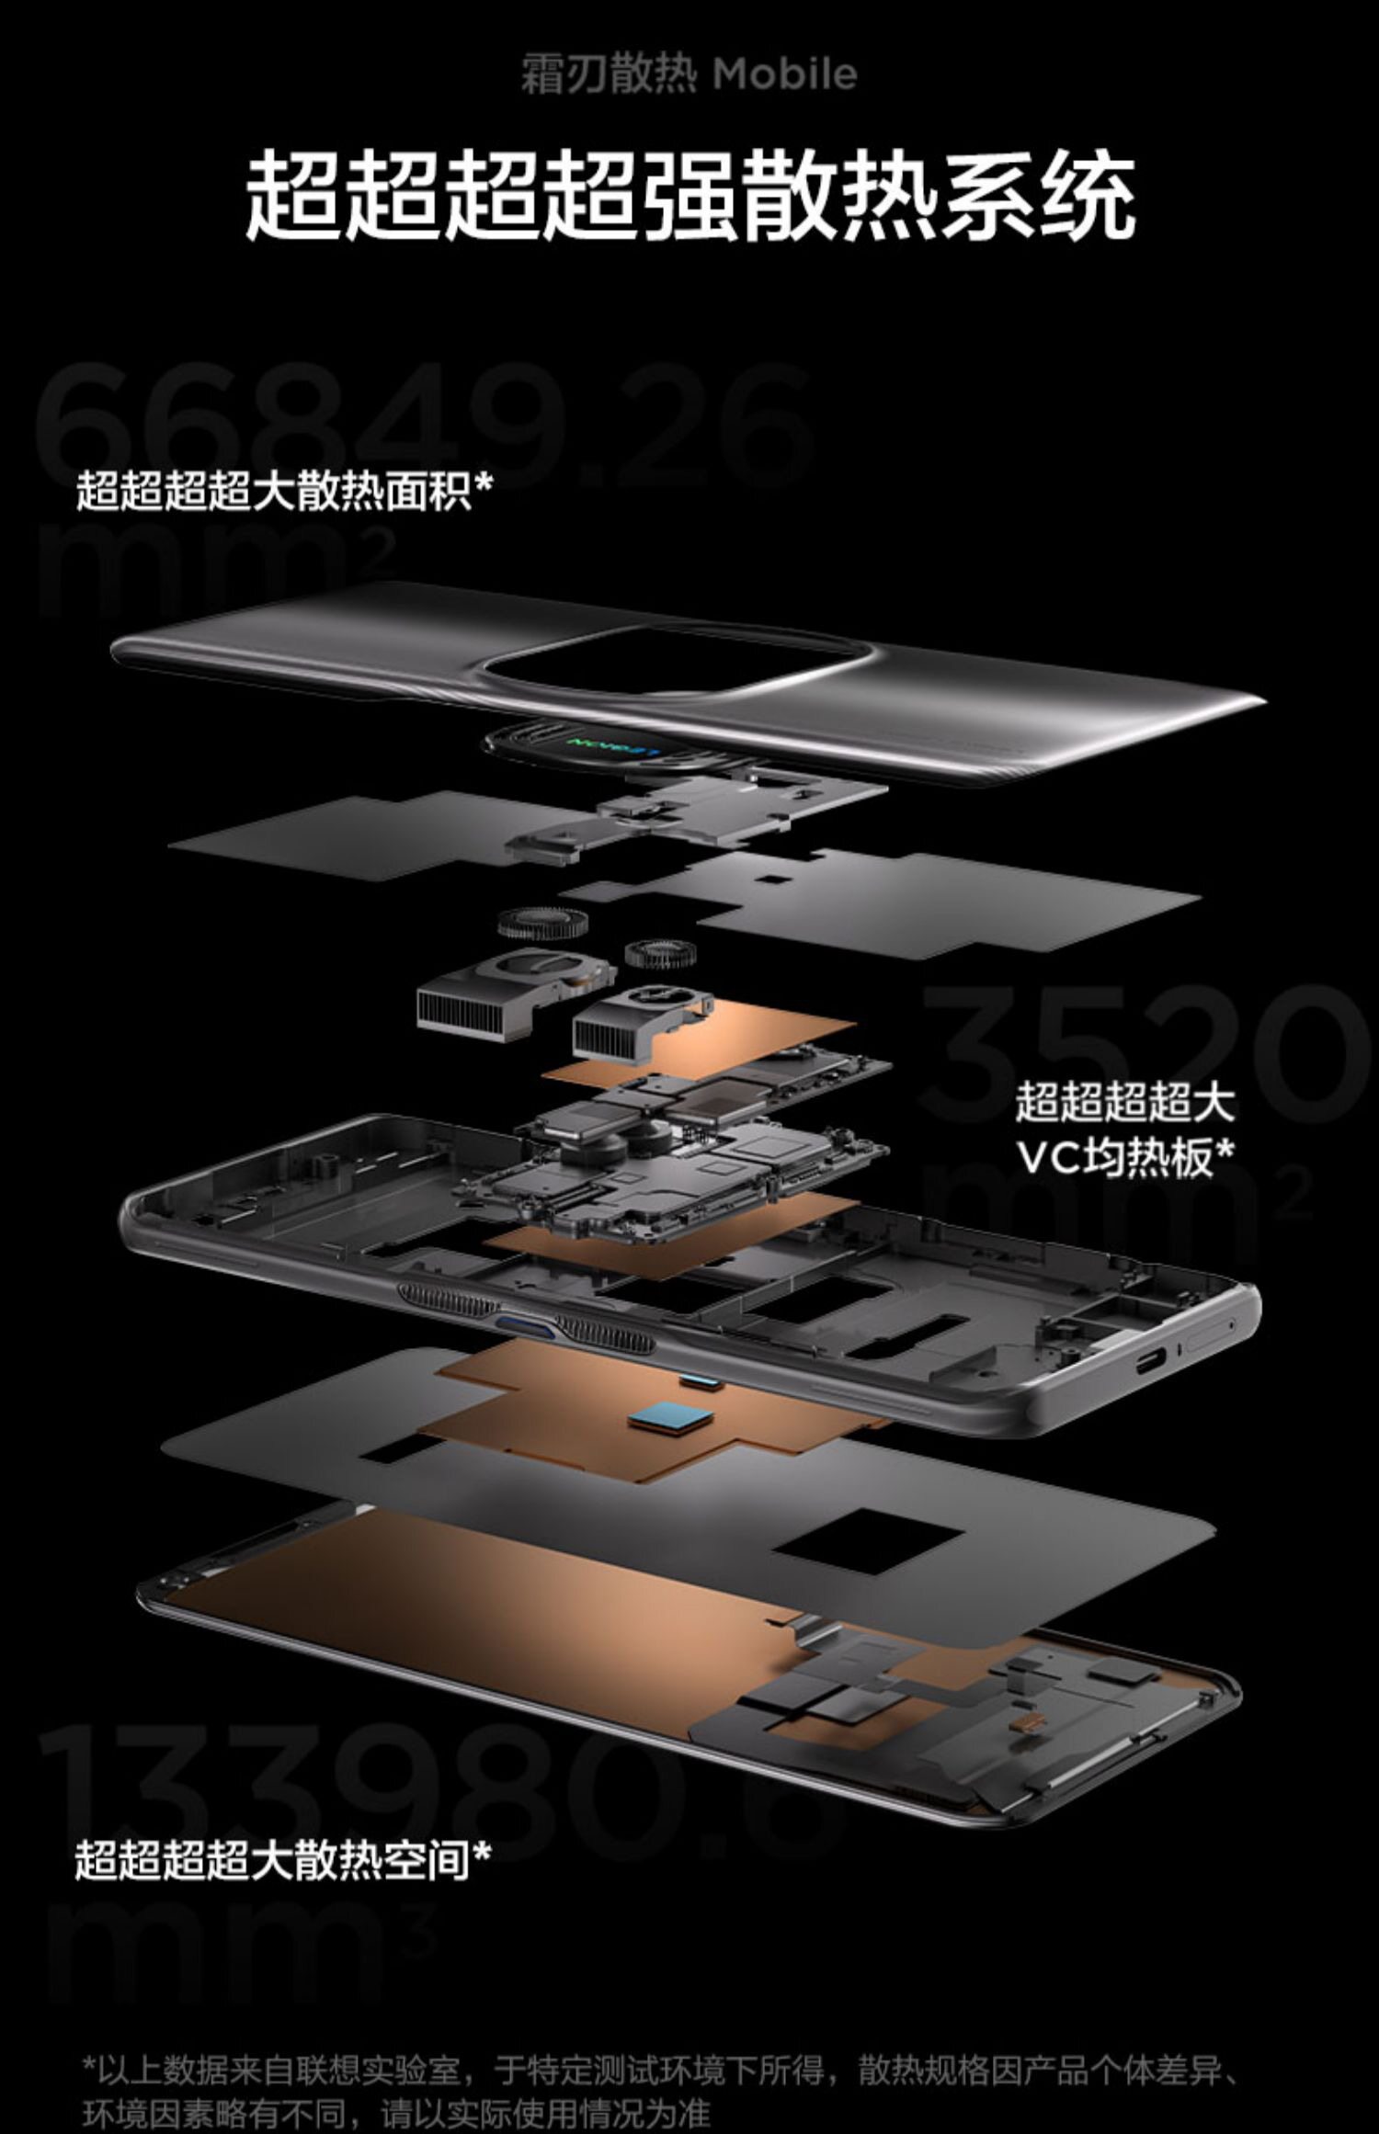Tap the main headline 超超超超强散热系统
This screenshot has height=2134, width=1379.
[x=689, y=197]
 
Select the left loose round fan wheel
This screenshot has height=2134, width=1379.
[x=532, y=923]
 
